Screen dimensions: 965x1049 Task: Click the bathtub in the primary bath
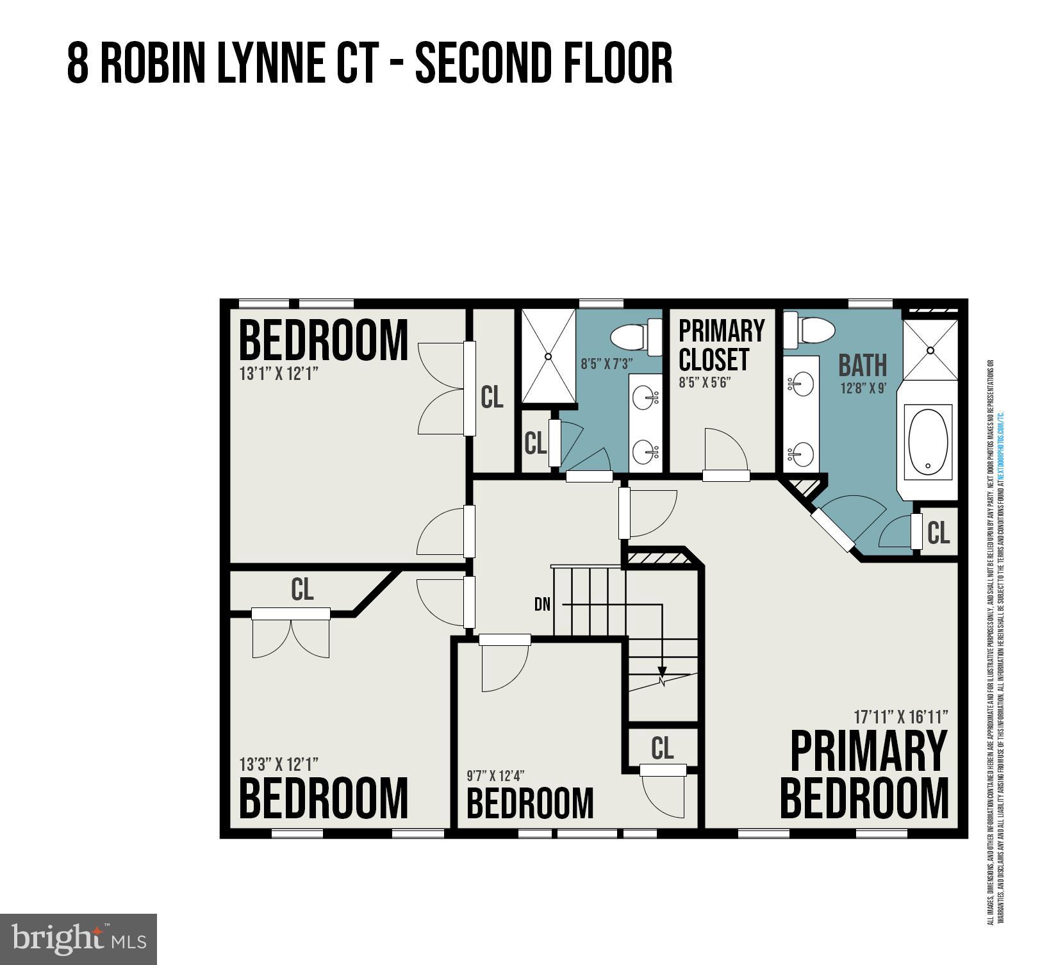click(928, 442)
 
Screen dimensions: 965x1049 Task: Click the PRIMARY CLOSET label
click(721, 345)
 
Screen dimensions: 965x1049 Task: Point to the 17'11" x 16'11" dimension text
click(900, 716)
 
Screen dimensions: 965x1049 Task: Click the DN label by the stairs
click(542, 604)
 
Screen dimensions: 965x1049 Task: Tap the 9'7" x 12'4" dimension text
click(495, 776)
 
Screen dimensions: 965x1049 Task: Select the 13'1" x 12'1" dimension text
click(279, 374)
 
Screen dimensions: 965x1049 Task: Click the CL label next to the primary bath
click(938, 532)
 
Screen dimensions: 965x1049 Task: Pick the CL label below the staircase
click(662, 748)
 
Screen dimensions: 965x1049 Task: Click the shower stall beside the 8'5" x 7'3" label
click(548, 356)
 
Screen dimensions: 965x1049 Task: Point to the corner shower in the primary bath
click(930, 351)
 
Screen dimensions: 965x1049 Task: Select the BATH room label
click(863, 365)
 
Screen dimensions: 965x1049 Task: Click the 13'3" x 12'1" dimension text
click(279, 764)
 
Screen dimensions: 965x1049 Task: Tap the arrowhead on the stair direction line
click(662, 674)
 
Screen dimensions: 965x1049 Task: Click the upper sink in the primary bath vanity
click(800, 384)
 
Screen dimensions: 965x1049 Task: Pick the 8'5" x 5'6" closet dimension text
click(705, 383)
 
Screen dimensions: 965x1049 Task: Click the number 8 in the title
click(78, 63)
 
